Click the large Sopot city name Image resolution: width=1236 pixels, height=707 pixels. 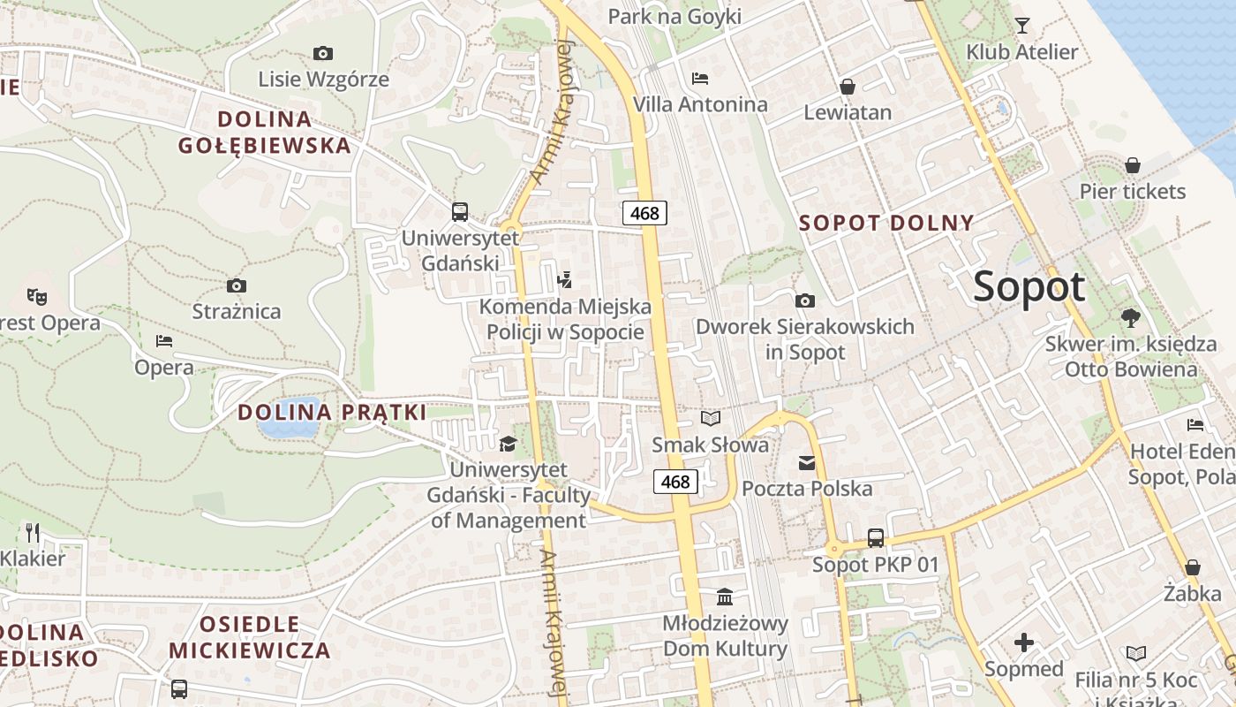pyautogui.click(x=1029, y=287)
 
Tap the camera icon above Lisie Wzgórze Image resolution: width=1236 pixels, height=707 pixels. pyautogui.click(x=323, y=53)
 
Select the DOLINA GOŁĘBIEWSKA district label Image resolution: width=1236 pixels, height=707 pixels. pyautogui.click(x=264, y=132)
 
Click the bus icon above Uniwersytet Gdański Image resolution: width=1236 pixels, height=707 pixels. pyautogui.click(x=459, y=211)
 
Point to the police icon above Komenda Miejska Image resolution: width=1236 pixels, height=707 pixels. pyautogui.click(x=565, y=280)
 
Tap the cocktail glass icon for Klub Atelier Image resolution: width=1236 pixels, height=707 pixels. pyautogui.click(x=1022, y=25)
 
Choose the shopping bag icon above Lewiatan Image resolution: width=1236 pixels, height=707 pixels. pyautogui.click(x=848, y=86)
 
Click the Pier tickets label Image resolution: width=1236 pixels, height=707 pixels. pyautogui.click(x=1133, y=191)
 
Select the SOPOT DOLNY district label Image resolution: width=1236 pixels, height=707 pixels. pyautogui.click(x=886, y=223)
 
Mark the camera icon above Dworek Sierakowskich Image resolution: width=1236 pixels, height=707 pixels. pyautogui.click(x=804, y=300)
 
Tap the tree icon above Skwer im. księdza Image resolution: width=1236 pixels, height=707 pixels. pyautogui.click(x=1131, y=317)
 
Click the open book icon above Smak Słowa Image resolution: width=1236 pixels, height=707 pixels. pyautogui.click(x=711, y=418)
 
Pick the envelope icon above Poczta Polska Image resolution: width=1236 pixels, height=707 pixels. pyautogui.click(x=807, y=462)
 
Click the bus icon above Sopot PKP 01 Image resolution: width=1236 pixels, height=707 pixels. pyautogui.click(x=876, y=537)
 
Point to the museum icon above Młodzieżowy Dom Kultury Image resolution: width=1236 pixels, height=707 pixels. pyautogui.click(x=725, y=597)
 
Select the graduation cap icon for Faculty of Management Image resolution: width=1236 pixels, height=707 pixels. pyautogui.click(x=508, y=443)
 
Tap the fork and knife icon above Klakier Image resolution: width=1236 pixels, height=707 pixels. pyautogui.click(x=33, y=532)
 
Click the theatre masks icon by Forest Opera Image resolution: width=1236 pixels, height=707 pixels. pyautogui.click(x=36, y=296)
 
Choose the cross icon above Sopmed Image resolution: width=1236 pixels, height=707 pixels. pyautogui.click(x=1024, y=642)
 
